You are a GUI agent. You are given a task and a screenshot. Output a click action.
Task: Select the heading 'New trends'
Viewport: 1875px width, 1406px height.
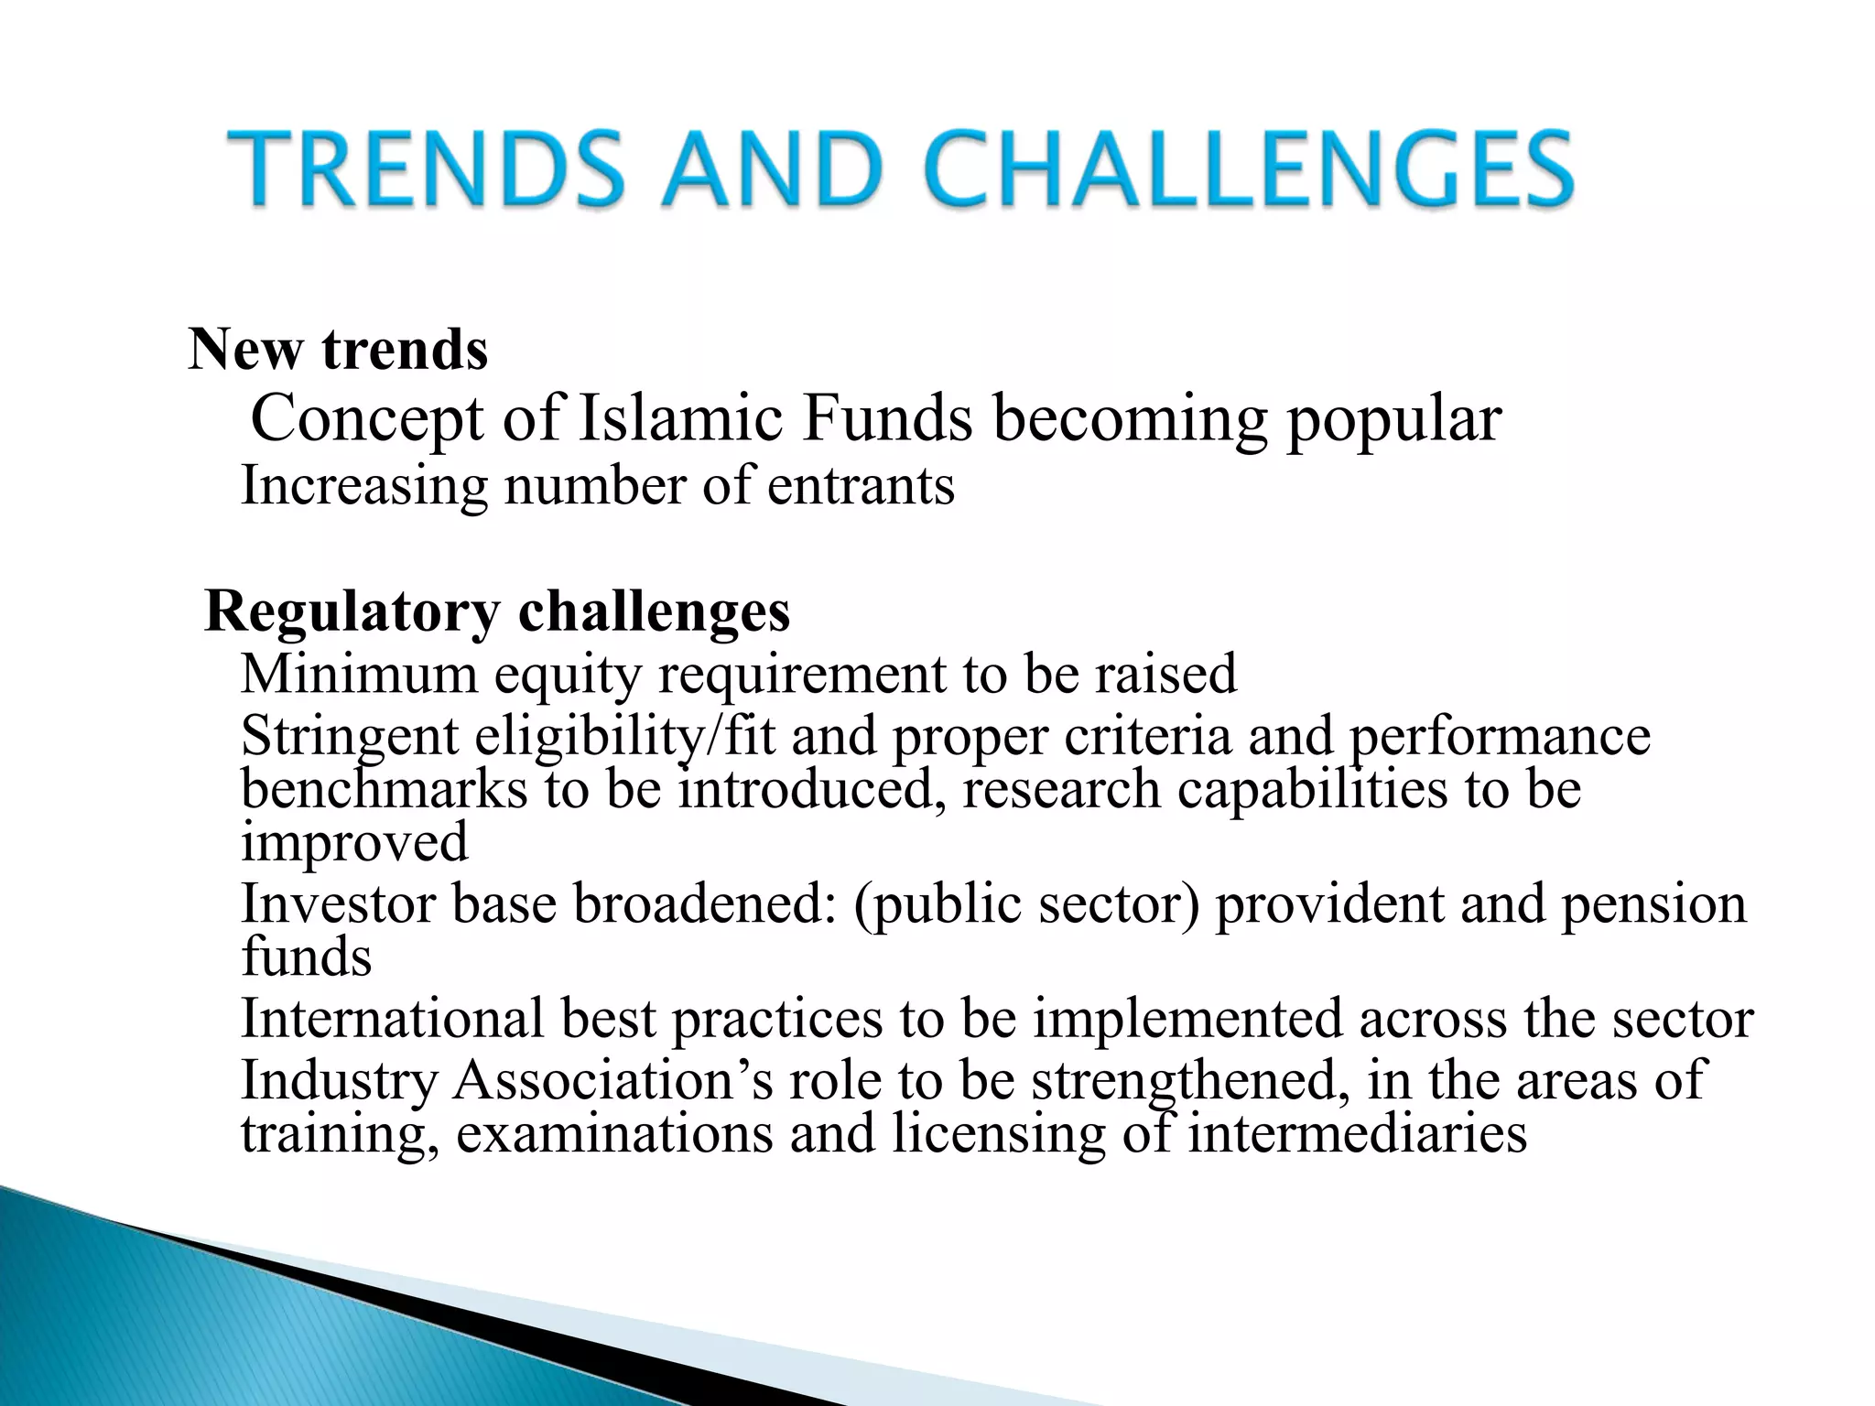point(338,350)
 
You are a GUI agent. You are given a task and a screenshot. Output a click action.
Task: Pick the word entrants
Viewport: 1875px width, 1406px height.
point(861,486)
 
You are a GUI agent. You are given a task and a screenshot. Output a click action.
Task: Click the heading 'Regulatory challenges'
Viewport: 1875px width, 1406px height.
point(497,611)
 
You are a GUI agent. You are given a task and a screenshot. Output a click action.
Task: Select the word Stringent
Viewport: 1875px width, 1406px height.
point(349,738)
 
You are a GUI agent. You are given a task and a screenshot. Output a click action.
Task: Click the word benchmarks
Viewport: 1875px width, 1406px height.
point(385,789)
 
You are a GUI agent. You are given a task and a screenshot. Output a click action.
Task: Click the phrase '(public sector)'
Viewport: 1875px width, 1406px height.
point(1025,905)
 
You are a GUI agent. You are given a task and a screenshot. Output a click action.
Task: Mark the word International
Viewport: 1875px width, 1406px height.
point(392,1018)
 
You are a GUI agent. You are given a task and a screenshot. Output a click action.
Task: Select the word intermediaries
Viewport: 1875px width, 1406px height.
point(1357,1133)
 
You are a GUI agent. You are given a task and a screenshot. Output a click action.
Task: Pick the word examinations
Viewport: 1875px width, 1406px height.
point(614,1133)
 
